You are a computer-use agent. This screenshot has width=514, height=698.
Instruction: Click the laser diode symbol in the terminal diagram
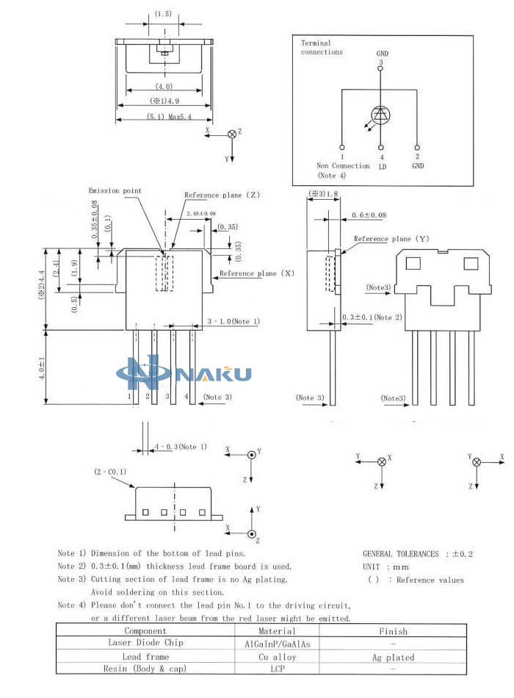[381, 116]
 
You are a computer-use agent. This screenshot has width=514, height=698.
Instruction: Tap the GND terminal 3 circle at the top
[380, 68]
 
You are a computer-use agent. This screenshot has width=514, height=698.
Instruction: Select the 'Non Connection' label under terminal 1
[343, 165]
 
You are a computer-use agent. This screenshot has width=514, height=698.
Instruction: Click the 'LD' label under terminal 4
[383, 167]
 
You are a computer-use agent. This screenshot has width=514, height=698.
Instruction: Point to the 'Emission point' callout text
[115, 190]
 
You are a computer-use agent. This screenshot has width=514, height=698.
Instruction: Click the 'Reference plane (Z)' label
[222, 195]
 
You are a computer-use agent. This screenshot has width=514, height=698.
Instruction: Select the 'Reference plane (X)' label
[257, 273]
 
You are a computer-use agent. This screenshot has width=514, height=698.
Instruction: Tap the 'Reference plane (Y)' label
[391, 239]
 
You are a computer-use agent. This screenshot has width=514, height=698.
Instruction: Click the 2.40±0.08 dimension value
[201, 214]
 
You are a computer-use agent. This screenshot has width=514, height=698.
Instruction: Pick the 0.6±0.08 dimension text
[369, 215]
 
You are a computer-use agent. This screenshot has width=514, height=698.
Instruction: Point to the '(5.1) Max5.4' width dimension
[169, 117]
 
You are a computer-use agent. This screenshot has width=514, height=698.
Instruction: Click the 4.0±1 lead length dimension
[41, 367]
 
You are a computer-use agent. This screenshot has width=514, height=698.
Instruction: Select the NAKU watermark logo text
[214, 374]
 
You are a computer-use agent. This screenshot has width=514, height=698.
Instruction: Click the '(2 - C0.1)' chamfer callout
[110, 472]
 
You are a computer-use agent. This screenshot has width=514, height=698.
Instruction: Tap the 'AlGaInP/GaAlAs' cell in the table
[278, 644]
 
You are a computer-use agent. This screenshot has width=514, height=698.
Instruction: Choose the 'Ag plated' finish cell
[393, 658]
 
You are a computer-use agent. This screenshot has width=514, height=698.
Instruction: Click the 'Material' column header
[277, 631]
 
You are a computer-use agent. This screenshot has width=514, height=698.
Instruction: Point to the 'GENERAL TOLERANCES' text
[400, 554]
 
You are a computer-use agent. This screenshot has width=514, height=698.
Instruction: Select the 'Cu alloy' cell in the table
[278, 657]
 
